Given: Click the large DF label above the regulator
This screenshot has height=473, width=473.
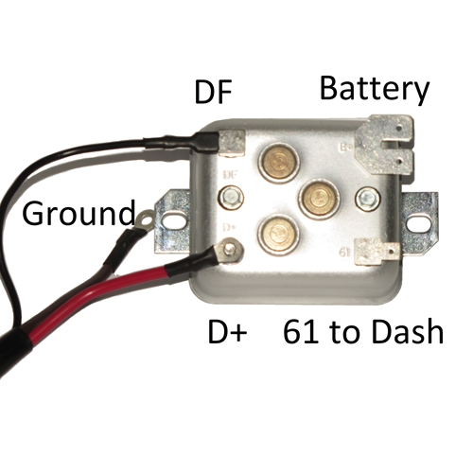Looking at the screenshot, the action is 214,92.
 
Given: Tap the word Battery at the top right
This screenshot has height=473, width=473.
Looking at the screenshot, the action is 375,89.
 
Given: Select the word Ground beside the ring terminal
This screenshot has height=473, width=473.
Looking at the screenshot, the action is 79,213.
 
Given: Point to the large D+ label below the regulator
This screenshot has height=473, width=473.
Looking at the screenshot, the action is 227,332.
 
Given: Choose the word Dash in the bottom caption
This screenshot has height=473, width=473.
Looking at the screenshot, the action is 408,331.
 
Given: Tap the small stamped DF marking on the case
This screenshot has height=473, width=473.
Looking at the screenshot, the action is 230,174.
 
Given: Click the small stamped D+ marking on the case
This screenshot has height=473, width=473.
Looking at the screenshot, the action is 229,227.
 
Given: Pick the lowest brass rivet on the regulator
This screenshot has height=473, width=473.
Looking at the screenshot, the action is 277,234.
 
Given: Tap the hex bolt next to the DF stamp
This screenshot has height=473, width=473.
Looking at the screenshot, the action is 231,198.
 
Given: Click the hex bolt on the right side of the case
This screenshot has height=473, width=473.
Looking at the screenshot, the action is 367,198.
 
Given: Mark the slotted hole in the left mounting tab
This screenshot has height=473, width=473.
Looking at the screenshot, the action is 172,219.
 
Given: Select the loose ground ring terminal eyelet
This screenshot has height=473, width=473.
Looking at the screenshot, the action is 144,218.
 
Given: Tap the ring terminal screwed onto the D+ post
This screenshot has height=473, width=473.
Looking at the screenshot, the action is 228,250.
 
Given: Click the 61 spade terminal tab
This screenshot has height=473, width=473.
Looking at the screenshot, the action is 377,252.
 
